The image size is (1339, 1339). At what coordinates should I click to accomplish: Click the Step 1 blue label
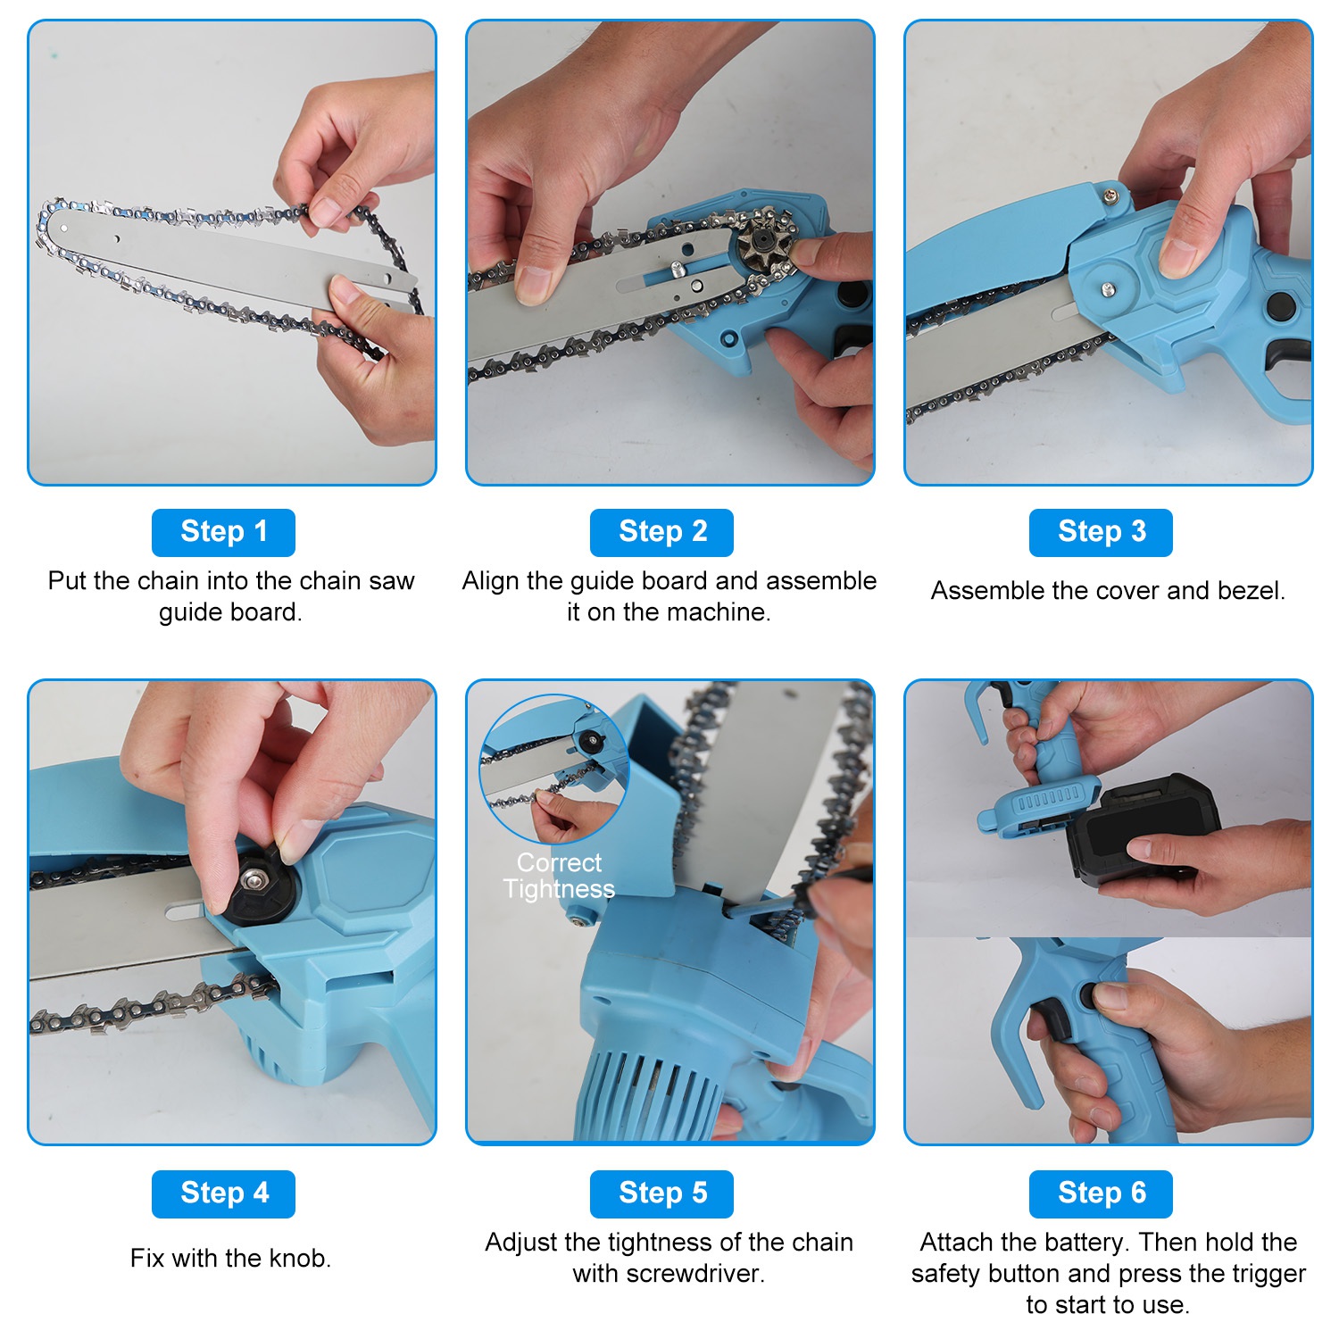coord(223,532)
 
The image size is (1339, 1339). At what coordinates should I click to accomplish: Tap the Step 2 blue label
coord(661,532)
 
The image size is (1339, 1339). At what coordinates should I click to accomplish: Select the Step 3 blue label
coord(1101,532)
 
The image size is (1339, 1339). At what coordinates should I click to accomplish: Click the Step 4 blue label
coord(223,1193)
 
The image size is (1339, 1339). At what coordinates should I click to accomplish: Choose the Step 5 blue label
coord(661,1193)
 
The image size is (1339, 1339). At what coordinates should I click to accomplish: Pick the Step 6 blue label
coord(1101,1193)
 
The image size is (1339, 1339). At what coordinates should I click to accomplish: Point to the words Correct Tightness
coord(559,876)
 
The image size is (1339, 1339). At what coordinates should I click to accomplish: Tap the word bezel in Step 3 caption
coord(1251,590)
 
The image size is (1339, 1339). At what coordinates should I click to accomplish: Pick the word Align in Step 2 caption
coord(490,581)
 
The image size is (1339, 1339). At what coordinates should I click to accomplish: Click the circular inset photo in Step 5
coord(554,769)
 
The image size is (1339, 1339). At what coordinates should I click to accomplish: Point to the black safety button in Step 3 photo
coord(1280,306)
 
